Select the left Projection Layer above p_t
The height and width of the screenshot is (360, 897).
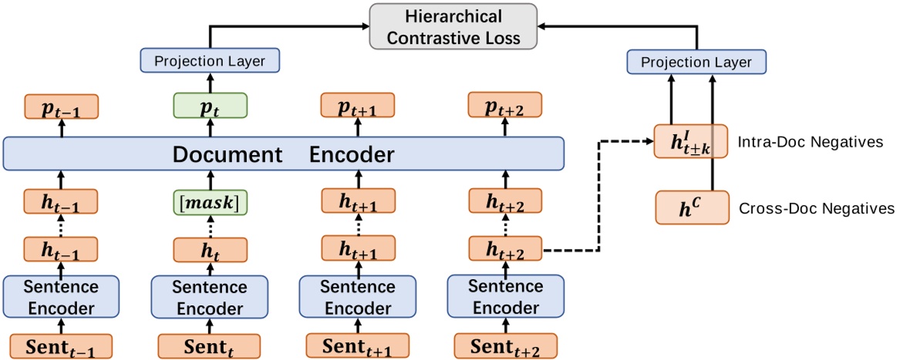click(209, 60)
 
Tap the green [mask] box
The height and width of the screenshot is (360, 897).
click(210, 204)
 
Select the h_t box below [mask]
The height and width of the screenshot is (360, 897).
click(210, 251)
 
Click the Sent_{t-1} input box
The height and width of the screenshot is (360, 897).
click(62, 345)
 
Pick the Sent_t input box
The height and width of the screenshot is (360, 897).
click(210, 345)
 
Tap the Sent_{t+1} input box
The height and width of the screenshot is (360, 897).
click(358, 345)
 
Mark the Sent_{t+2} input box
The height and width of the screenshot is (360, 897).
click(505, 345)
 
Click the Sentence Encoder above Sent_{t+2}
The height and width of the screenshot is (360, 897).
click(505, 298)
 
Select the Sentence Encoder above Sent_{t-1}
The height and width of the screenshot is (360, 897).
click(62, 298)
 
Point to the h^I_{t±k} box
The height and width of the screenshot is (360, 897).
click(691, 141)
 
